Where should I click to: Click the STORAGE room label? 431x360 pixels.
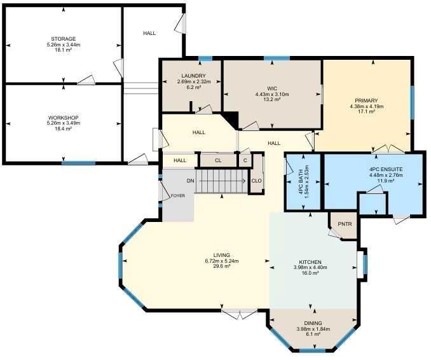[x=64, y=39]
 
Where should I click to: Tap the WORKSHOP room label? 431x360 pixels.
[x=64, y=118]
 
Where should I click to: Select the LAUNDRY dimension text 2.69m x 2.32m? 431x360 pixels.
[x=193, y=81]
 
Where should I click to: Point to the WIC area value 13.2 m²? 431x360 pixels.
[x=272, y=99]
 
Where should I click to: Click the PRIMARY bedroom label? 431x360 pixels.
[x=366, y=100]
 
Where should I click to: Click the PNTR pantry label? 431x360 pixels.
[x=345, y=224]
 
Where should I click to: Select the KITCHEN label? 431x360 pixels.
[x=310, y=262]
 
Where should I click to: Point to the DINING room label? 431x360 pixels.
[x=313, y=323]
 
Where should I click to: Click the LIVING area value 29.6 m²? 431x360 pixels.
[x=222, y=267]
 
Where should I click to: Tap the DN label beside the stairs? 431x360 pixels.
[x=191, y=181]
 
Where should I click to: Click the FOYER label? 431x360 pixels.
[x=178, y=196]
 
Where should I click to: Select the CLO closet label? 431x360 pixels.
[x=256, y=181]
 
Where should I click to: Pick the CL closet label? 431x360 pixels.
[x=218, y=160]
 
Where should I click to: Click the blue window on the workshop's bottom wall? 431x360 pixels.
[x=79, y=163]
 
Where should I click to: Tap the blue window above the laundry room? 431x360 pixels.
[x=205, y=59]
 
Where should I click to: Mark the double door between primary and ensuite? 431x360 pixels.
[x=388, y=149]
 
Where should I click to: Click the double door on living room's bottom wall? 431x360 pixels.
[x=240, y=314]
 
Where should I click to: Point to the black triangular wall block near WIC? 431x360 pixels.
[x=232, y=119]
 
